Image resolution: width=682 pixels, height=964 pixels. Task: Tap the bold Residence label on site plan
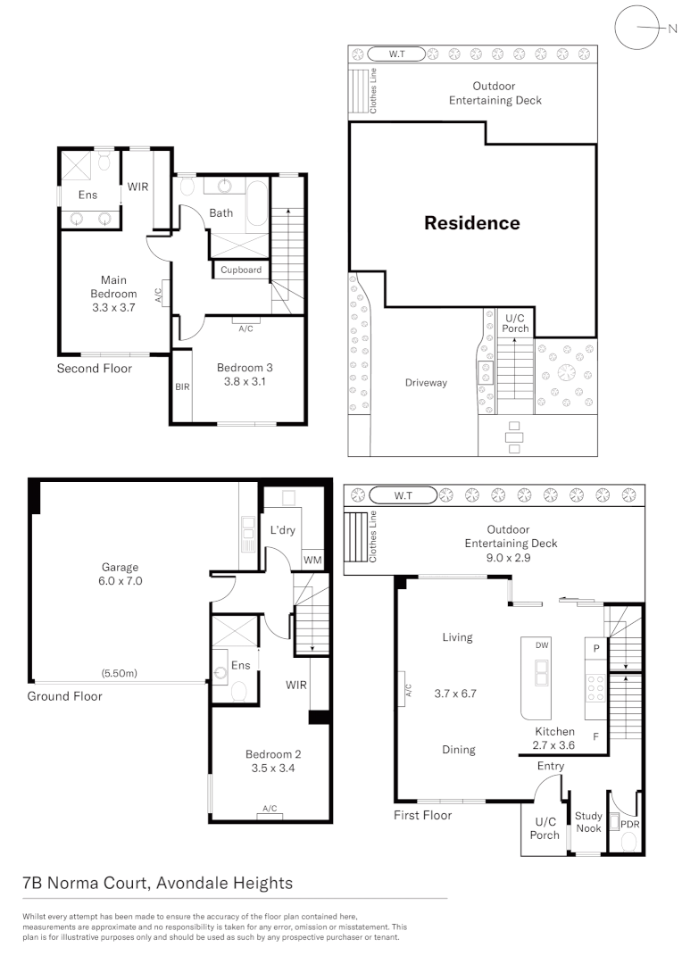tap(471, 223)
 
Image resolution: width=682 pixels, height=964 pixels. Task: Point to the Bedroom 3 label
tap(245, 374)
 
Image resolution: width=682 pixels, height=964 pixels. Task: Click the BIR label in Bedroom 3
tap(182, 387)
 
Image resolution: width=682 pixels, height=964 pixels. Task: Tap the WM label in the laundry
tap(312, 560)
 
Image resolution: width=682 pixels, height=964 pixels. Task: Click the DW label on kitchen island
tap(541, 645)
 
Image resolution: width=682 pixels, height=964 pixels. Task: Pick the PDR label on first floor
tap(630, 825)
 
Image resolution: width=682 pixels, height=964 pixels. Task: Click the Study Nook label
tap(588, 822)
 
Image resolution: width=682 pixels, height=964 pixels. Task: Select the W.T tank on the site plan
tap(396, 54)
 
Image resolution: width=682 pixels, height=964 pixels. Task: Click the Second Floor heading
tap(95, 368)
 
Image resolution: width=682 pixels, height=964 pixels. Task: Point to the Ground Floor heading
tap(64, 696)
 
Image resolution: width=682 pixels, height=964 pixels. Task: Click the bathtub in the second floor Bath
tap(258, 204)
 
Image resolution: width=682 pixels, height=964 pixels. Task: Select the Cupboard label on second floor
tap(241, 270)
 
